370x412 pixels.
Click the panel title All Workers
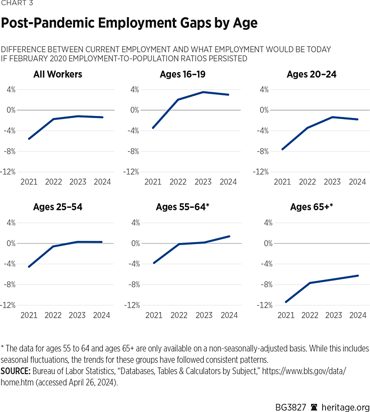pos(57,75)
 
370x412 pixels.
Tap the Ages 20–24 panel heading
pos(311,75)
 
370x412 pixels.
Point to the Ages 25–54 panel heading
pos(57,207)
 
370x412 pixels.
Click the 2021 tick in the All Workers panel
pos(29,182)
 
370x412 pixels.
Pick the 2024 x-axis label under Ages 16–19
pos(229,182)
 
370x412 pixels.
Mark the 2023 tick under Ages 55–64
pos(204,315)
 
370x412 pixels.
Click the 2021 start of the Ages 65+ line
pos(286,302)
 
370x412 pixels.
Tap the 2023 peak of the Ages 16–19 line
pos(203,92)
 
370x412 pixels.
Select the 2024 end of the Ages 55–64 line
pos(229,236)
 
